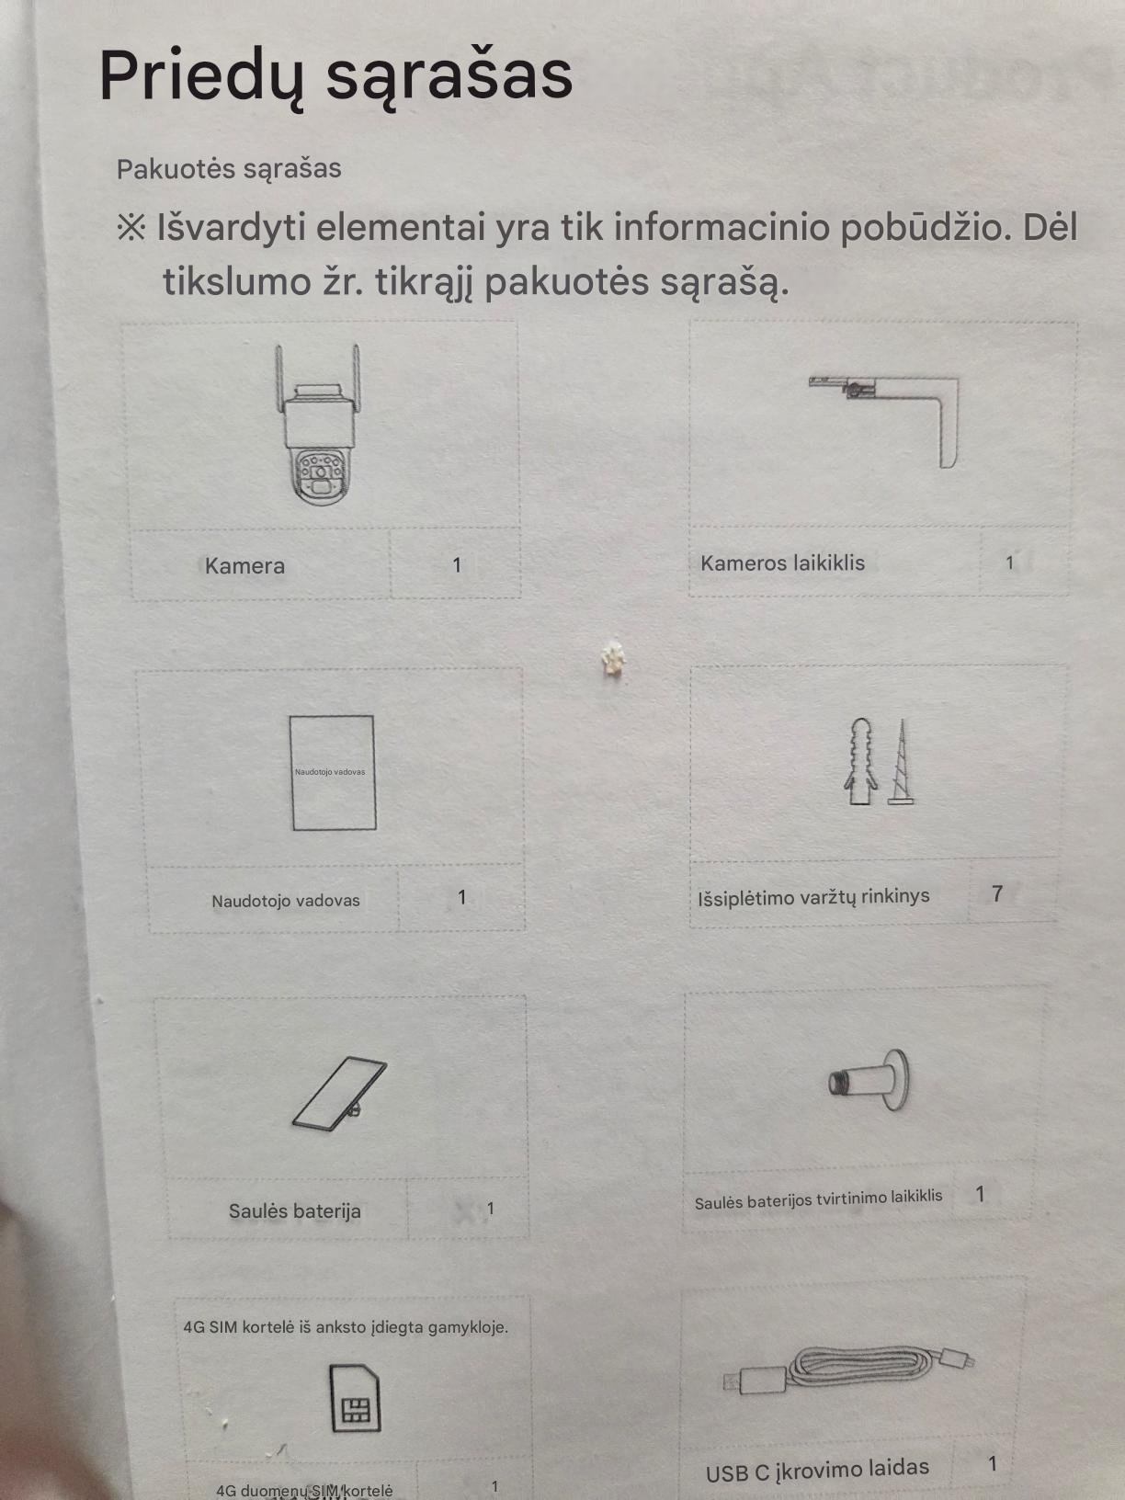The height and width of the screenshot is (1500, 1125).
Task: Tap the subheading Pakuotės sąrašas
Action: click(x=229, y=169)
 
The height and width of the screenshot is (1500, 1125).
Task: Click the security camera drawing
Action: click(x=318, y=424)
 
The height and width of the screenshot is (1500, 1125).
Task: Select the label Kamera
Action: click(x=244, y=566)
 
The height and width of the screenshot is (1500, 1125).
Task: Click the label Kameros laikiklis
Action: click(x=783, y=563)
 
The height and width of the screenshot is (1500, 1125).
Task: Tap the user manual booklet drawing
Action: click(x=333, y=773)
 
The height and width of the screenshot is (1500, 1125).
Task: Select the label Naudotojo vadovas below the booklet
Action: click(x=286, y=901)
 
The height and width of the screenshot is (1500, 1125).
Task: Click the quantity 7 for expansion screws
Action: click(x=997, y=893)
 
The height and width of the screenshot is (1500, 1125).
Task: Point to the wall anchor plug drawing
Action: click(x=860, y=761)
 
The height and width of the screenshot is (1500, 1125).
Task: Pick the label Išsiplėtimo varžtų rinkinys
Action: click(x=813, y=896)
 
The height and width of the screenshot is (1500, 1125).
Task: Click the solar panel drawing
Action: click(x=339, y=1094)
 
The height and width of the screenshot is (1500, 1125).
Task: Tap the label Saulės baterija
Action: click(x=294, y=1211)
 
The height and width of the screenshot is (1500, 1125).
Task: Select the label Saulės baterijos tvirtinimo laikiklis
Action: click(x=818, y=1199)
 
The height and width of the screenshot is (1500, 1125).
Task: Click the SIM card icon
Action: click(x=355, y=1399)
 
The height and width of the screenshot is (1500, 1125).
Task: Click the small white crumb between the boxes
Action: click(x=612, y=659)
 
